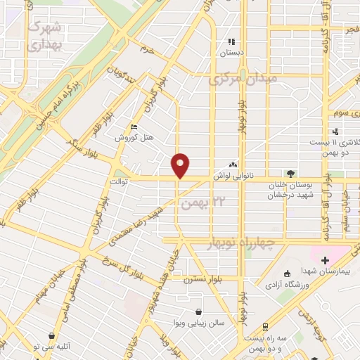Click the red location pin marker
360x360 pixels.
tap(181, 165)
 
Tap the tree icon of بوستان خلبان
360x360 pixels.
tap(290, 174)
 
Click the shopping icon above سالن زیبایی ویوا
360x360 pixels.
tap(199, 311)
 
